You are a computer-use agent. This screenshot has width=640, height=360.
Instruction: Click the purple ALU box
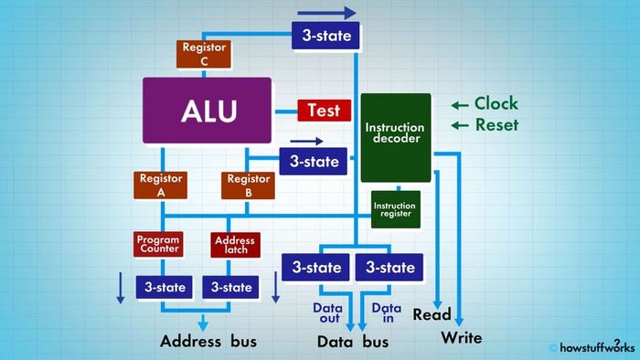[x=208, y=111]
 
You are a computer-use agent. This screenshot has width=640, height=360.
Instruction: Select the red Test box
[x=324, y=111]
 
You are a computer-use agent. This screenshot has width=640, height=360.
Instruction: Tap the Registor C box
[x=204, y=54]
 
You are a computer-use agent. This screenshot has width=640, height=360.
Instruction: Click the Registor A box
[x=161, y=185]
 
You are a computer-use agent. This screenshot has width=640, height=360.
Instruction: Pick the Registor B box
[x=249, y=185]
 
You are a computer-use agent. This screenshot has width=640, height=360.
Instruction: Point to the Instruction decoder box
[x=395, y=136]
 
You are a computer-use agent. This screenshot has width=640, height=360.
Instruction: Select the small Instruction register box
[x=395, y=209]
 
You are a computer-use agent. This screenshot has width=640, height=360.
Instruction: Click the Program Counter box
[x=158, y=244]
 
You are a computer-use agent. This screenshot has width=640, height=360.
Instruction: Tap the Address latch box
[x=234, y=244]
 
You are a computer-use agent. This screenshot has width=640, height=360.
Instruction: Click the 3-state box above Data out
[x=316, y=268]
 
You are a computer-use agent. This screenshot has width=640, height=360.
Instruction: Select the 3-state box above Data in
[x=390, y=268]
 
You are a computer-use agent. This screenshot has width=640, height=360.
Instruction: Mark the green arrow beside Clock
[x=460, y=104]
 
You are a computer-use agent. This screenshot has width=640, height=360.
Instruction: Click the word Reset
[x=496, y=124]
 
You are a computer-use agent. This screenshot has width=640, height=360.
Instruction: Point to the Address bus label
[x=208, y=342]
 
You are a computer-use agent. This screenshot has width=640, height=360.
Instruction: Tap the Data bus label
[x=353, y=342]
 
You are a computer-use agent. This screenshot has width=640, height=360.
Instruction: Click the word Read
[x=432, y=315]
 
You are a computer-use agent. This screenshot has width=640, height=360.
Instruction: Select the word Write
[x=462, y=338]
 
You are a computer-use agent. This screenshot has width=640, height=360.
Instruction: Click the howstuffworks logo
[x=592, y=347]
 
